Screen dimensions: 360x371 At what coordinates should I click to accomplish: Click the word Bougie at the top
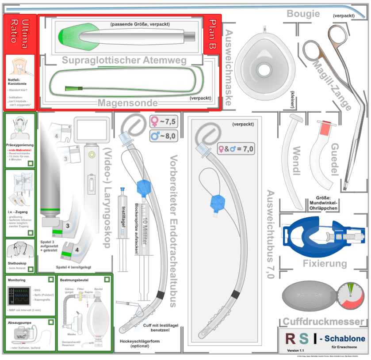tap(303, 13)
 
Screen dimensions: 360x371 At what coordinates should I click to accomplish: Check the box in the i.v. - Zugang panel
tap(31, 233)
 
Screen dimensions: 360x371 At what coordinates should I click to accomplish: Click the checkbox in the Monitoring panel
tap(51, 280)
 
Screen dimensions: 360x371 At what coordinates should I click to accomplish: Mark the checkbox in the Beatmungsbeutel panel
tap(107, 280)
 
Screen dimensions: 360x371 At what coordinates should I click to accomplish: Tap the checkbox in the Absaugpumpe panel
tap(51, 323)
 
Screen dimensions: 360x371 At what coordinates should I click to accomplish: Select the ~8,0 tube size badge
tap(163, 136)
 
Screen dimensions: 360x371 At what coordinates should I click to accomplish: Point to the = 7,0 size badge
tap(237, 149)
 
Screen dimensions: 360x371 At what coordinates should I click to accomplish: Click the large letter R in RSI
tap(291, 339)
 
